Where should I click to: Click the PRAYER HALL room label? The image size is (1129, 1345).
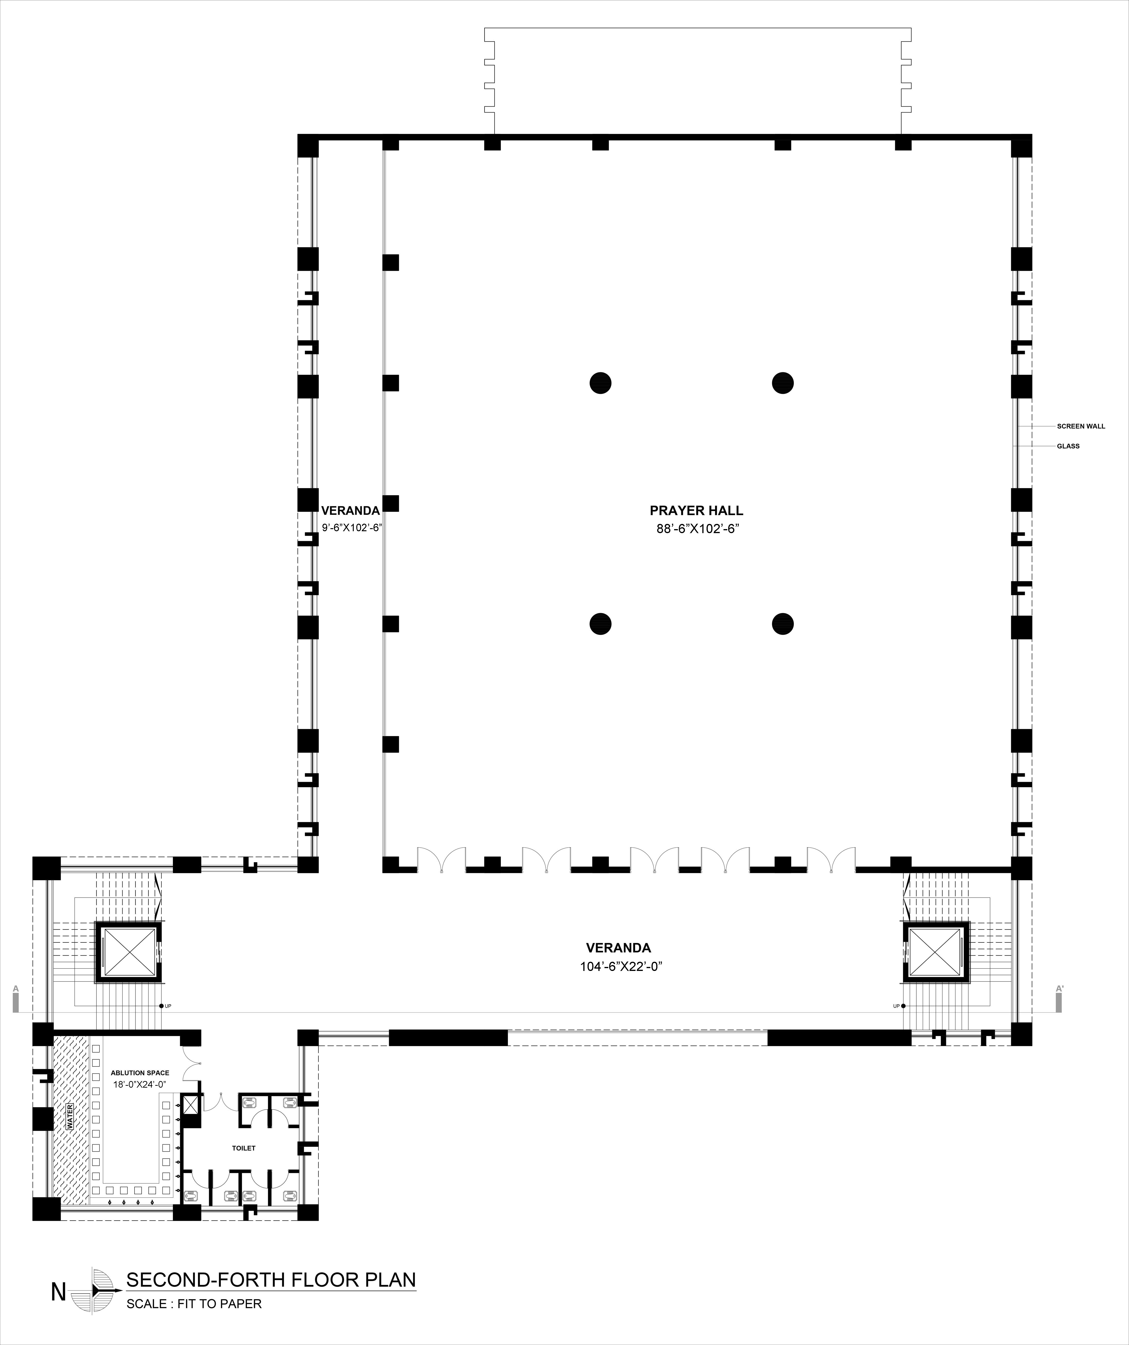point(696,511)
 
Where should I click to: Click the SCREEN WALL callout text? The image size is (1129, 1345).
point(1081,426)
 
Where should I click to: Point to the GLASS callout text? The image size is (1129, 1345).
point(1068,446)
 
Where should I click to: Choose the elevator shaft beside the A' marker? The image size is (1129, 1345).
point(936,952)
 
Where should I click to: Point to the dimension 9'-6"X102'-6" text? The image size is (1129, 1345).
point(352,528)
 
